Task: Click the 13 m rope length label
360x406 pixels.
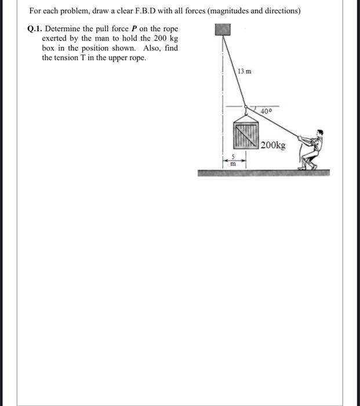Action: click(245, 71)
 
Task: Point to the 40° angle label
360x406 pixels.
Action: click(267, 110)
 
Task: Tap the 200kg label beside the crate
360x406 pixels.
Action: click(273, 145)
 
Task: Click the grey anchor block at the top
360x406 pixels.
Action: click(223, 29)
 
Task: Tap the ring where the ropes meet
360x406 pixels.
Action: click(246, 107)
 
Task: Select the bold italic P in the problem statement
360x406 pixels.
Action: click(133, 28)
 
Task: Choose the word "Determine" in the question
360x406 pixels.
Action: click(63, 28)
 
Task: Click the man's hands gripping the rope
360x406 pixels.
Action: click(300, 139)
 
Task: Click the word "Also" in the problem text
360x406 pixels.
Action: click(151, 48)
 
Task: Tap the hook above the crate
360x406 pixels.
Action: click(246, 114)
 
